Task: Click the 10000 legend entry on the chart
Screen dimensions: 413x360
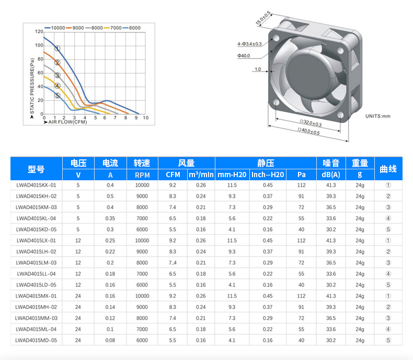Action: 55,28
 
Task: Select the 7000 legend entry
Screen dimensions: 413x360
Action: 113,28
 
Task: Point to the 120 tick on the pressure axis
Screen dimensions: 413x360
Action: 39,31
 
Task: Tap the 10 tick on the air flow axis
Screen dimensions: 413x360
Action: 146,118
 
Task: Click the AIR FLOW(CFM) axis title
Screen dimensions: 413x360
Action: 65,122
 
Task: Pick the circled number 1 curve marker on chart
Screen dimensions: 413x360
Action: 58,49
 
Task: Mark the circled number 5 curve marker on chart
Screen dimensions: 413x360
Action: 58,96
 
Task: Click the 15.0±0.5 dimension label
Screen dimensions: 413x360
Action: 263,18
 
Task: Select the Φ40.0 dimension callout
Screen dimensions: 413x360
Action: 244,56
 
